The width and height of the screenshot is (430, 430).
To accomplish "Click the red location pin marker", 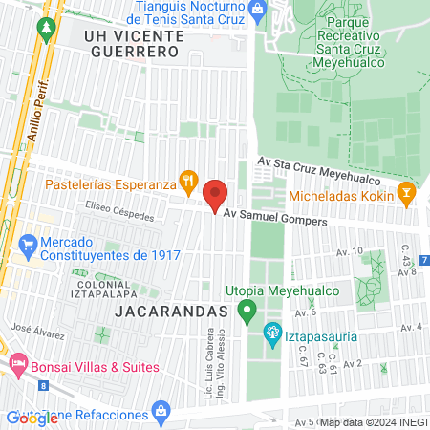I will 216,196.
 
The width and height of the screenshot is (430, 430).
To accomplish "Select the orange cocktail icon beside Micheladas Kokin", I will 407,191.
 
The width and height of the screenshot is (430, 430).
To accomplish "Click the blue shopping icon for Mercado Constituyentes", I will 28,245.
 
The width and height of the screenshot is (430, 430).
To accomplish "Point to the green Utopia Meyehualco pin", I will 247,311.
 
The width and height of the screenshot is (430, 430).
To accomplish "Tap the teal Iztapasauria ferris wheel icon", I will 269,333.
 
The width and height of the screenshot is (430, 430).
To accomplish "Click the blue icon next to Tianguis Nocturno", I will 256,9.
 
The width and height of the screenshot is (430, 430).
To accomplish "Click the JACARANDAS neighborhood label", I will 172,312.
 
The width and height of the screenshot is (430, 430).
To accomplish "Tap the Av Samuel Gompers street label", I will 275,220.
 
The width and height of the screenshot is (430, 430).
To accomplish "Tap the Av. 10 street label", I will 350,251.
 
